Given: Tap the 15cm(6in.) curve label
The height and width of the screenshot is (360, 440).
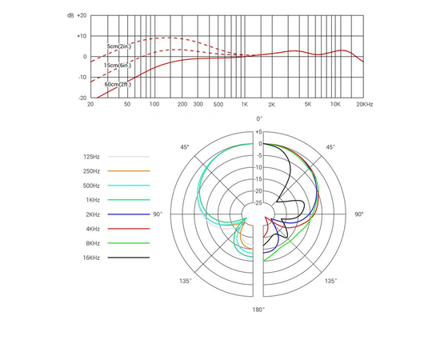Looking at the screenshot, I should coord(118,65).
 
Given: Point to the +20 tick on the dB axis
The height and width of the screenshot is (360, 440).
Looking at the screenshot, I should coord(81,15).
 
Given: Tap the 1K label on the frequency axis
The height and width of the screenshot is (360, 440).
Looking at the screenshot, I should coord(245,105).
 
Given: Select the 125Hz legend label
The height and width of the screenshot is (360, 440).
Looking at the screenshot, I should coord(91,157).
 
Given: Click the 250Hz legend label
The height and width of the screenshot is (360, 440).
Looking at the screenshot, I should coord(91,171).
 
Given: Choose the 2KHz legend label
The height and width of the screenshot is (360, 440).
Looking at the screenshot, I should coord(91,214).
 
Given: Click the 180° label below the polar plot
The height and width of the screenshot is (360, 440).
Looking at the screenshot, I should coord(258,309).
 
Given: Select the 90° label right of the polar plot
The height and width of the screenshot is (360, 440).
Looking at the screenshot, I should coord(359,214).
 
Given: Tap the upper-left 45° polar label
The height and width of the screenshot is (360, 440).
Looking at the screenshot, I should coord(184,147).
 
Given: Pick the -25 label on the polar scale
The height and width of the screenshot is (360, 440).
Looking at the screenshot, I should coord(258,203).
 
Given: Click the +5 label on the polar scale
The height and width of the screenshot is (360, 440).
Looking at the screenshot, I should coord(258,132).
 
